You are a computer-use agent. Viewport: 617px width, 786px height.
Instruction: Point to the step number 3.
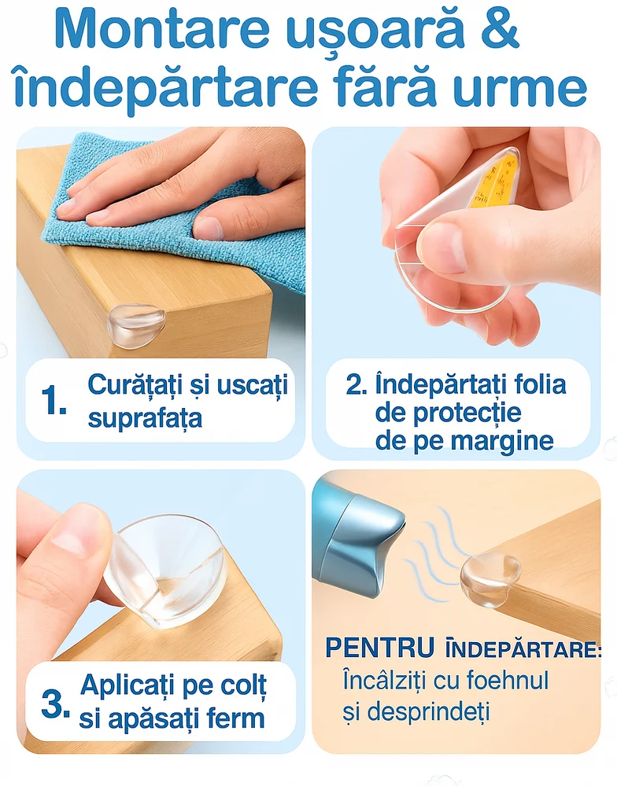point(55,704)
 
